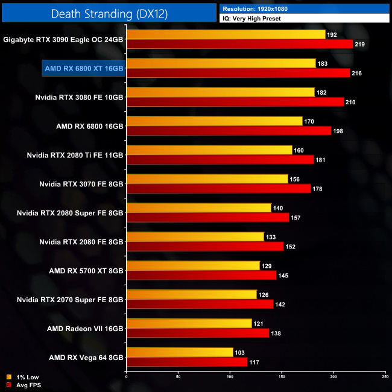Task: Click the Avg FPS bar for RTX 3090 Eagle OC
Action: (239, 44)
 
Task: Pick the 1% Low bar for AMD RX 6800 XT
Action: (221, 63)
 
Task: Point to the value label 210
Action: (351, 102)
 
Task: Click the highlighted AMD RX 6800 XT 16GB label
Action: (84, 68)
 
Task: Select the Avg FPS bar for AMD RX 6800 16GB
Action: (229, 131)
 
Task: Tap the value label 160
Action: (299, 150)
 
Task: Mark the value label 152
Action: (290, 247)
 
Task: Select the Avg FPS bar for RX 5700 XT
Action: (201, 276)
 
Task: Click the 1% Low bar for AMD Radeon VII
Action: (189, 324)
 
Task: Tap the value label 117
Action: (254, 362)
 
